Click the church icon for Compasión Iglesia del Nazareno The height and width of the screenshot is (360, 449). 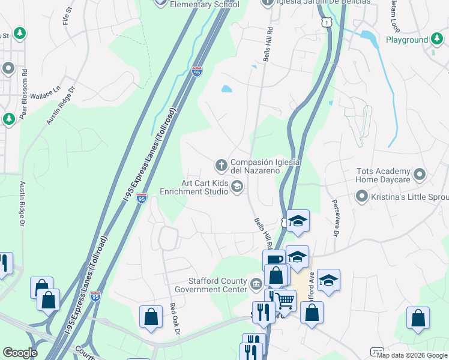tap(221, 164)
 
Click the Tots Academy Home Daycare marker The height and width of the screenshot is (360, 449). tap(420, 175)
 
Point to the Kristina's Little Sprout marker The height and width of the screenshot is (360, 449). tap(361, 196)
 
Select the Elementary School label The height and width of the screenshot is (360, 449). tap(205, 4)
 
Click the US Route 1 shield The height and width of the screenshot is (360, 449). tap(326, 22)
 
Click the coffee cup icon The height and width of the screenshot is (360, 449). tap(274, 260)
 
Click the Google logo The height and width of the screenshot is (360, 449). tap(20, 353)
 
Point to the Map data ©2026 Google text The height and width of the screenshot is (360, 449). tap(412, 355)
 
